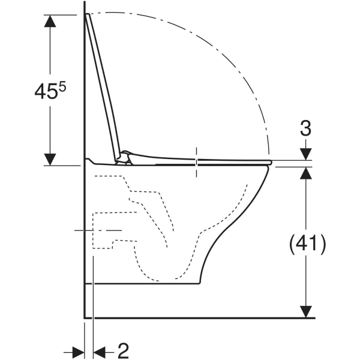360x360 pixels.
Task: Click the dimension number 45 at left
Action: pos(46,92)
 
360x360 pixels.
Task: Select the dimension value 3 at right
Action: pos(305,128)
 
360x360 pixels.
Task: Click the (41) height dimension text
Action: pos(307,244)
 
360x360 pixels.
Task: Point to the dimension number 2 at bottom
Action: pos(123,350)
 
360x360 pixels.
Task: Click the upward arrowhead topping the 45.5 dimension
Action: pos(50,21)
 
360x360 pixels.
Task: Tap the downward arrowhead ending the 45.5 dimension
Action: pos(50,160)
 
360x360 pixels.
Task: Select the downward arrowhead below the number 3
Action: pos(306,154)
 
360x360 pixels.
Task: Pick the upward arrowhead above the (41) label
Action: pos(306,173)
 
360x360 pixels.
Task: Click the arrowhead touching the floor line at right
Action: pos(306,312)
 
